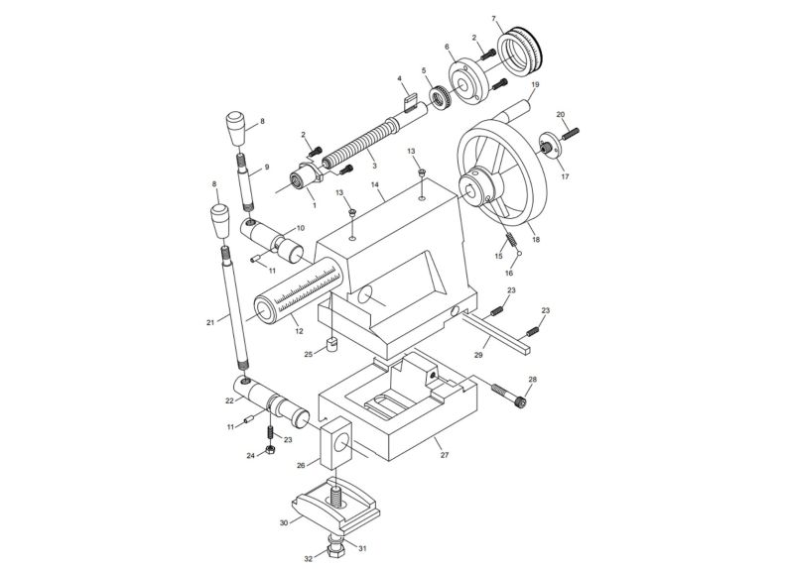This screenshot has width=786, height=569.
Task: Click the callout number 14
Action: point(376,184)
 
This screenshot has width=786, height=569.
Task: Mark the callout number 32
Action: point(309,559)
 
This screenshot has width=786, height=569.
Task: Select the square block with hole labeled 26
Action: point(337,443)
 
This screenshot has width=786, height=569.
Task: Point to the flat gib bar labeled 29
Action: point(496,329)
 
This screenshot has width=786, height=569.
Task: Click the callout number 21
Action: point(209,322)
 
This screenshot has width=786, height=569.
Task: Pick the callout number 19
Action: point(535,85)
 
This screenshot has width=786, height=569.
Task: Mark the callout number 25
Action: point(308,352)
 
